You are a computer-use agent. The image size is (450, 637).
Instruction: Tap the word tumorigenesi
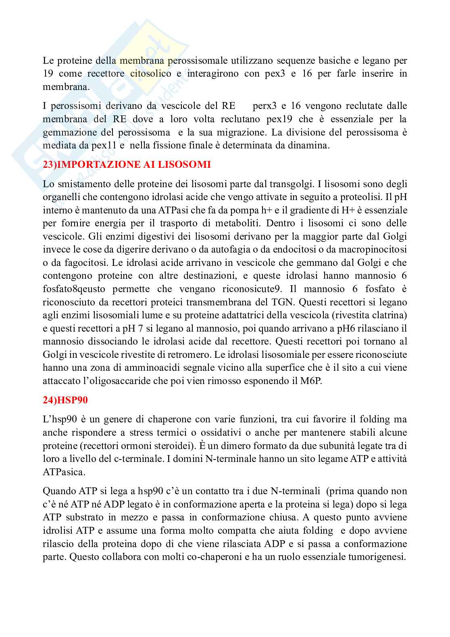(379, 558)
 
